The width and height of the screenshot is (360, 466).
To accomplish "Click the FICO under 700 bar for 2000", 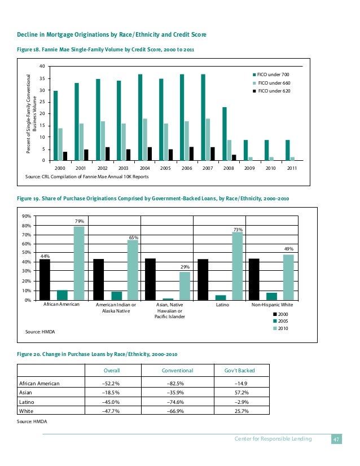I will click(55, 126).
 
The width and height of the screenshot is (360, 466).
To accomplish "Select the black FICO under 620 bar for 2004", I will click(150, 154).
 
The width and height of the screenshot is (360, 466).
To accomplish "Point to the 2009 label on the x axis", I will click(249, 168).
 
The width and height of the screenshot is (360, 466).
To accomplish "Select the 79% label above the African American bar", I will click(79, 221).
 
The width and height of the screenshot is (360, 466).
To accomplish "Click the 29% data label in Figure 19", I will click(185, 266).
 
